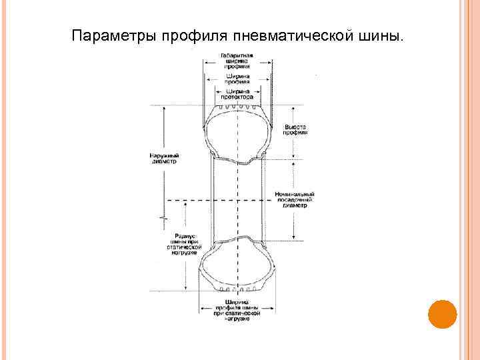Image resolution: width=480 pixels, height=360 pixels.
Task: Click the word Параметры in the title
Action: (113, 35)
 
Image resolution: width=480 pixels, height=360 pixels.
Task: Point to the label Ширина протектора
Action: (238, 94)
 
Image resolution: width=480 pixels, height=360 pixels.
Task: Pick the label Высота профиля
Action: (295, 129)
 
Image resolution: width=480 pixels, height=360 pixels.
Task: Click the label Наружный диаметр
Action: (165, 159)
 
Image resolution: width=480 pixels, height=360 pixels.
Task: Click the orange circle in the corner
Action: (441, 313)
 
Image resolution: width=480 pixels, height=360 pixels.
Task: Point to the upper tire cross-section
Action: (237, 133)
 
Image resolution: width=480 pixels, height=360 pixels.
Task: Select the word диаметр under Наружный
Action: (164, 162)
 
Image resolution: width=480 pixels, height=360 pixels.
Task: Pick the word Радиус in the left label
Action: (183, 235)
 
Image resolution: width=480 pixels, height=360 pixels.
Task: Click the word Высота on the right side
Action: (295, 126)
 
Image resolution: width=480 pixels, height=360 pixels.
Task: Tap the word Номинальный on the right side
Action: (294, 195)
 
